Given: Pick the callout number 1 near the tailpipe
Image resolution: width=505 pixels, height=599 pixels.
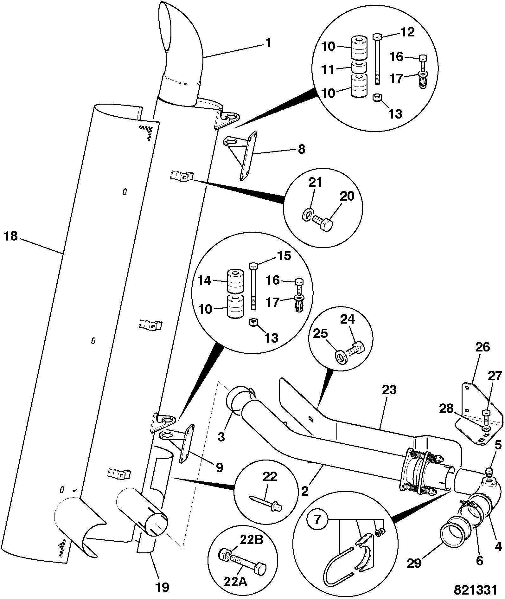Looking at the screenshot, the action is (268, 43).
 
